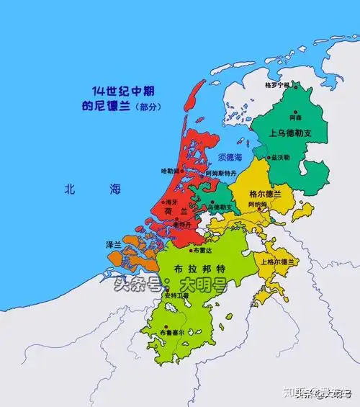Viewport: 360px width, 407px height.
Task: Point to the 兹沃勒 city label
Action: point(280,157)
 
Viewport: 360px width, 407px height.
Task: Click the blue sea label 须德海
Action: point(230,157)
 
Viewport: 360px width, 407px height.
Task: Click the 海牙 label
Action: point(171,203)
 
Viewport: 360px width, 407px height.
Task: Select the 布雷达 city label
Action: point(202,251)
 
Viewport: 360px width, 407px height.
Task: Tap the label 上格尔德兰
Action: point(276,261)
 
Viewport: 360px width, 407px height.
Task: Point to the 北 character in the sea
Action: point(69,189)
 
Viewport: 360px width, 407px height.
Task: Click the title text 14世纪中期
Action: point(123,91)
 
